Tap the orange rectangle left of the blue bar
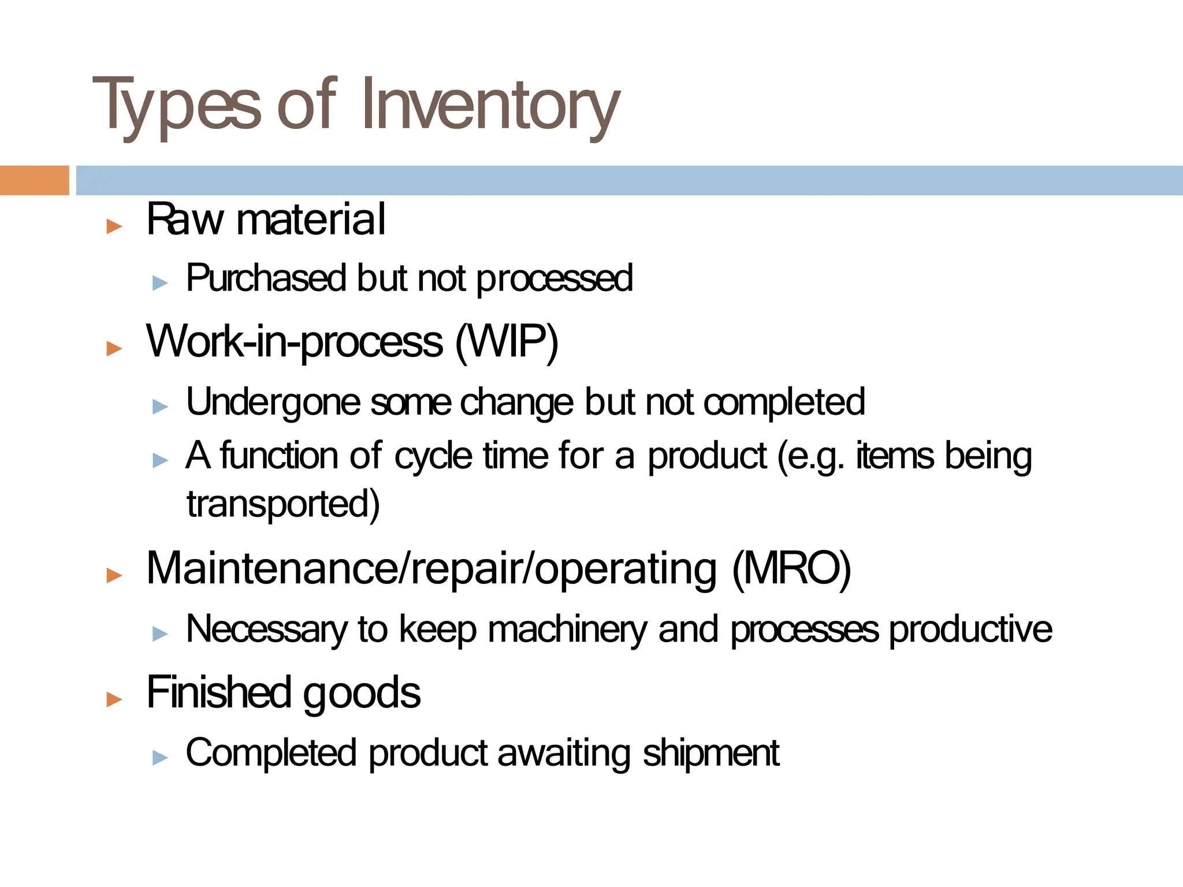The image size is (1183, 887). pos(34,180)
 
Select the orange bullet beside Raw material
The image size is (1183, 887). pos(114,226)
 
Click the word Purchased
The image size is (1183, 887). pos(265,278)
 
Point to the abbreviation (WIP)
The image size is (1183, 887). pos(507,342)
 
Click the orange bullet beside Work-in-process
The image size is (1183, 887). pos(114,349)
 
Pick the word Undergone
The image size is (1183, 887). pos(273,402)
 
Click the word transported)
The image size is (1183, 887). pos(283,504)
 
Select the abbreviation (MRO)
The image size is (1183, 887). pos(791,569)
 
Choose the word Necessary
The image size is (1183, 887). pos(266,629)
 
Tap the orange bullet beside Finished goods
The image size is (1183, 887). pos(114,699)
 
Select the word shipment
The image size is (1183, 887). pos(711,753)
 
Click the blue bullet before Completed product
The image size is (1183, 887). pos(160,757)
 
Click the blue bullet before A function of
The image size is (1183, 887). pos(160,460)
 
